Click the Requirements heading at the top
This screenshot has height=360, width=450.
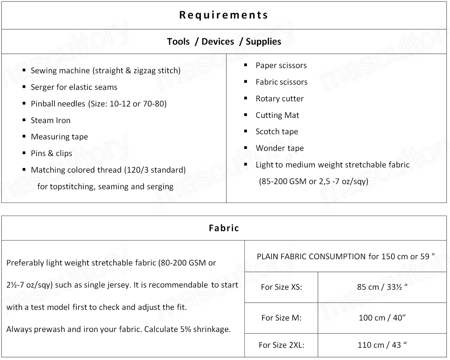224,15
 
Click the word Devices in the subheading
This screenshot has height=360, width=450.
218,41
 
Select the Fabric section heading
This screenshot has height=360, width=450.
224,228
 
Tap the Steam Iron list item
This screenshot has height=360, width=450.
50,120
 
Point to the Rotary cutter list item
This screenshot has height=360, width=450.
279,99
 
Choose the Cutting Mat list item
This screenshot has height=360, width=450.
277,115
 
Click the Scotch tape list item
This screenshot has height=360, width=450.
277,132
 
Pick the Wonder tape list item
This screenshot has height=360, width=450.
279,148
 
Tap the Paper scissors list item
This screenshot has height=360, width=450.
281,65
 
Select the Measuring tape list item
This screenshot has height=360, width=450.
59,137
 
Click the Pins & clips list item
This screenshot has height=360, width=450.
51,153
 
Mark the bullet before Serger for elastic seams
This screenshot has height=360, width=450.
24,87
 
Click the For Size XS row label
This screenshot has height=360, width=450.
281,287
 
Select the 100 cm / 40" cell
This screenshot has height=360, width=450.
382,318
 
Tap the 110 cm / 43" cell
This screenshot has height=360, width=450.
382,345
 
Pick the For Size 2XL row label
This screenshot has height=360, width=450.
281,345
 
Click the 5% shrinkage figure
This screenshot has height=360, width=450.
185,329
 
